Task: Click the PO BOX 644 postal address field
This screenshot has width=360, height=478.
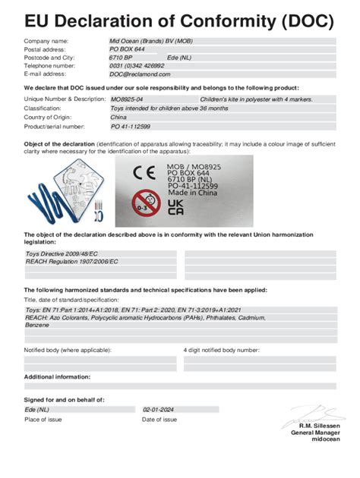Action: (127, 49)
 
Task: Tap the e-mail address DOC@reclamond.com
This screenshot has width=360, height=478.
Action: (140, 74)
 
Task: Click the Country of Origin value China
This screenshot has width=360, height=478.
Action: (118, 118)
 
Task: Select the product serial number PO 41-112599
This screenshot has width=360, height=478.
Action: (131, 127)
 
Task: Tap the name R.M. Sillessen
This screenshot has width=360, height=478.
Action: (319, 426)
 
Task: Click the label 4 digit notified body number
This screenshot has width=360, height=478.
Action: (227, 350)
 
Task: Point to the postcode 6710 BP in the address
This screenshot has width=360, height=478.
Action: (121, 58)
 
